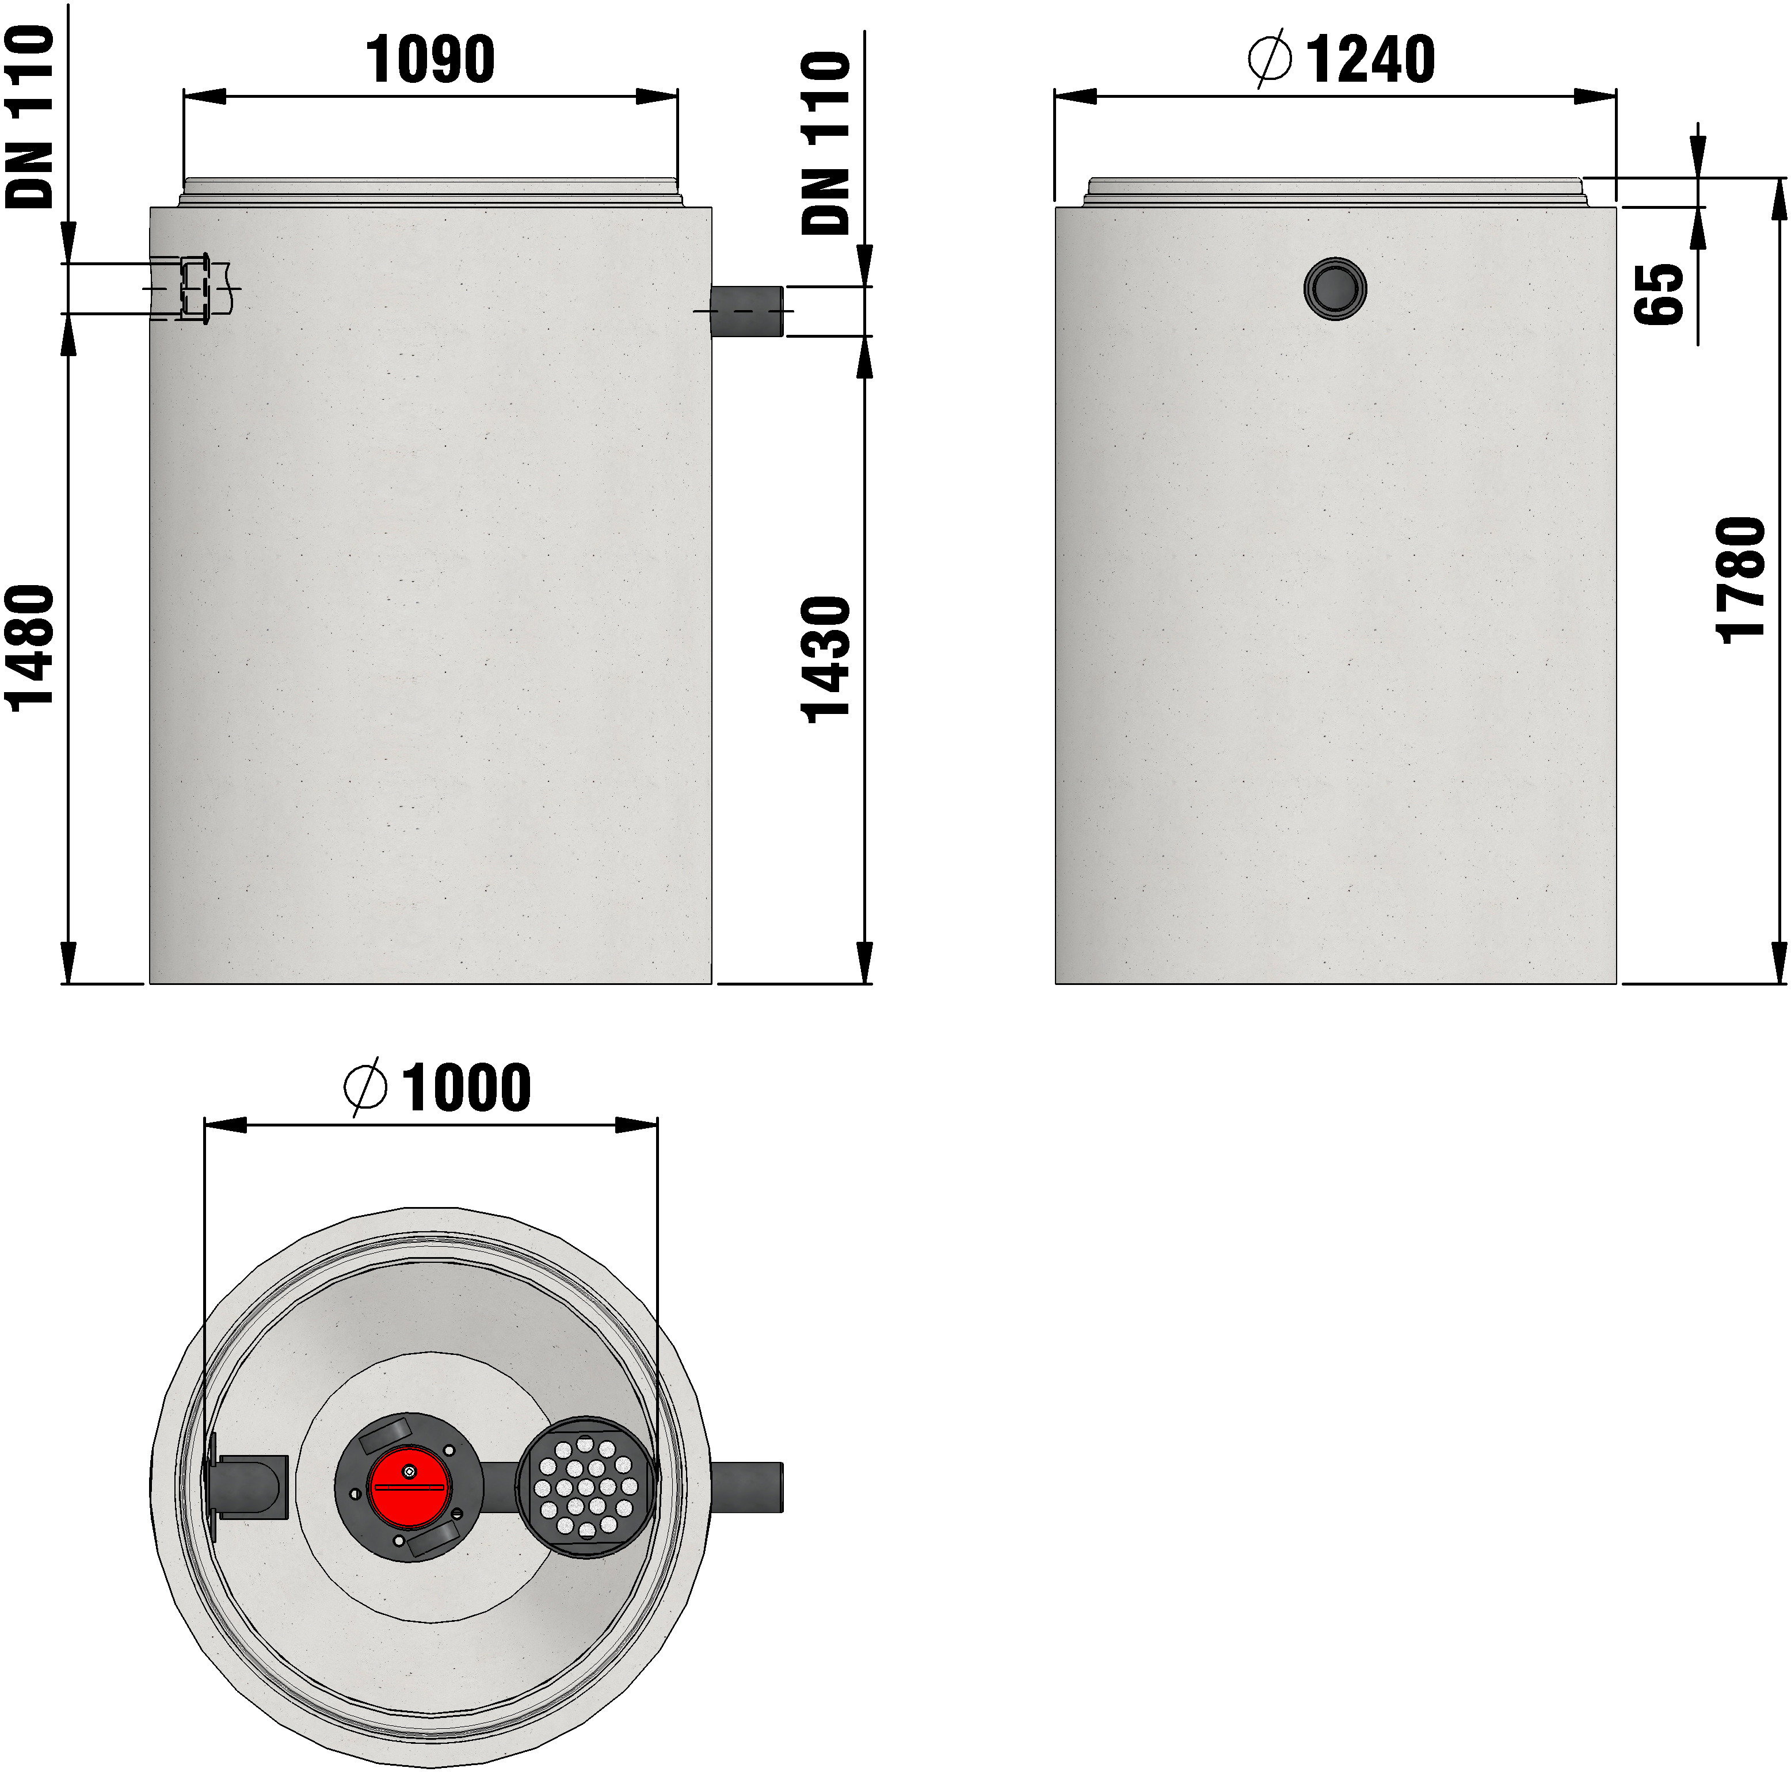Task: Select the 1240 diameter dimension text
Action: click(x=1370, y=59)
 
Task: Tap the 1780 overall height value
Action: click(x=1741, y=579)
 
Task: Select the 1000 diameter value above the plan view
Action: click(x=466, y=1088)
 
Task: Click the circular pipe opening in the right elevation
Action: click(x=1335, y=287)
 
